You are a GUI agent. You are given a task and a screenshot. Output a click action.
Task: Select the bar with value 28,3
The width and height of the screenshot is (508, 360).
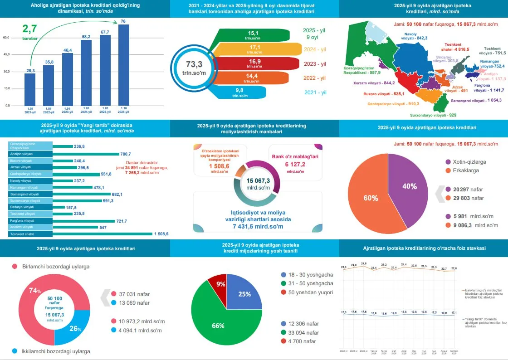[30, 89]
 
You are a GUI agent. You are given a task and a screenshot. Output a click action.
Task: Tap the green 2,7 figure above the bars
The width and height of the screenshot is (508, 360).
[30, 29]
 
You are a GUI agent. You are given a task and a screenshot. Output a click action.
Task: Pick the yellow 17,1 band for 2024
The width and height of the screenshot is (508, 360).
[254, 49]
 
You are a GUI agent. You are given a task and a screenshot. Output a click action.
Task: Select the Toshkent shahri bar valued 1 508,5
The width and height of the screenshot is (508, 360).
[103, 234]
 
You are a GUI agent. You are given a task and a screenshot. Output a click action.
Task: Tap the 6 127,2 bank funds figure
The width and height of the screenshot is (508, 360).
[295, 164]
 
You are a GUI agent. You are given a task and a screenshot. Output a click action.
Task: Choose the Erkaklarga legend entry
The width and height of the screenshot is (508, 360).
[465, 170]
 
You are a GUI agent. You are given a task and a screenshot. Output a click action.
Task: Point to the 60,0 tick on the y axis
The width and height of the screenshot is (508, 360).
[6, 38]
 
